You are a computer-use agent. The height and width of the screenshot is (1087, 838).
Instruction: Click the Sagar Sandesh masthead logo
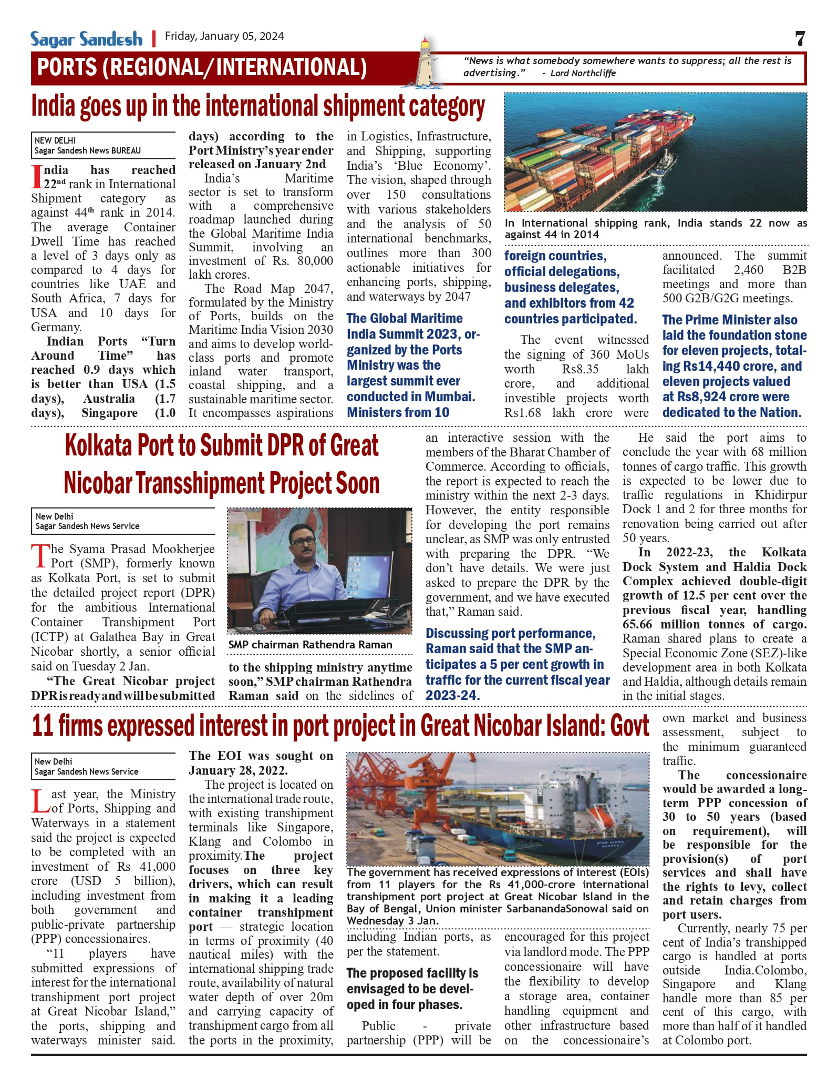point(86,39)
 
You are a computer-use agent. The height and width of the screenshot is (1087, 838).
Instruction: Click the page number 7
point(800,39)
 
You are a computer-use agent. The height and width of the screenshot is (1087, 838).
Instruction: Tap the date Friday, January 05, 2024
point(224,36)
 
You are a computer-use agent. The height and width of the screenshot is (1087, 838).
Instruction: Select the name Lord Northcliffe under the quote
point(583,73)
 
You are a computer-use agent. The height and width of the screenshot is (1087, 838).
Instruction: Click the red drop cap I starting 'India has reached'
point(37,177)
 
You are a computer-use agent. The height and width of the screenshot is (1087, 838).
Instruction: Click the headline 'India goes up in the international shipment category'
point(258,107)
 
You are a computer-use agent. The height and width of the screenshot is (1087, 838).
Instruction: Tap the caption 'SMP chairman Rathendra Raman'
point(310,645)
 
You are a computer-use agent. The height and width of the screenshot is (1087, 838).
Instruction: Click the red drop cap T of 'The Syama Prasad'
point(40,556)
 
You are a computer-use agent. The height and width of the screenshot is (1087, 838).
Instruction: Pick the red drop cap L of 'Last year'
point(40,801)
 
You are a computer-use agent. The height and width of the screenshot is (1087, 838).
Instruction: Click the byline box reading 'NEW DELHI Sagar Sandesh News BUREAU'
point(103,145)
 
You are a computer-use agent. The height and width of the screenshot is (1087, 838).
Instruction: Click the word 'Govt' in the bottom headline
point(629,726)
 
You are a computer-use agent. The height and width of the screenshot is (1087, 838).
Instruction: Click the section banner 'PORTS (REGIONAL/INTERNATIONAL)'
point(202,67)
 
